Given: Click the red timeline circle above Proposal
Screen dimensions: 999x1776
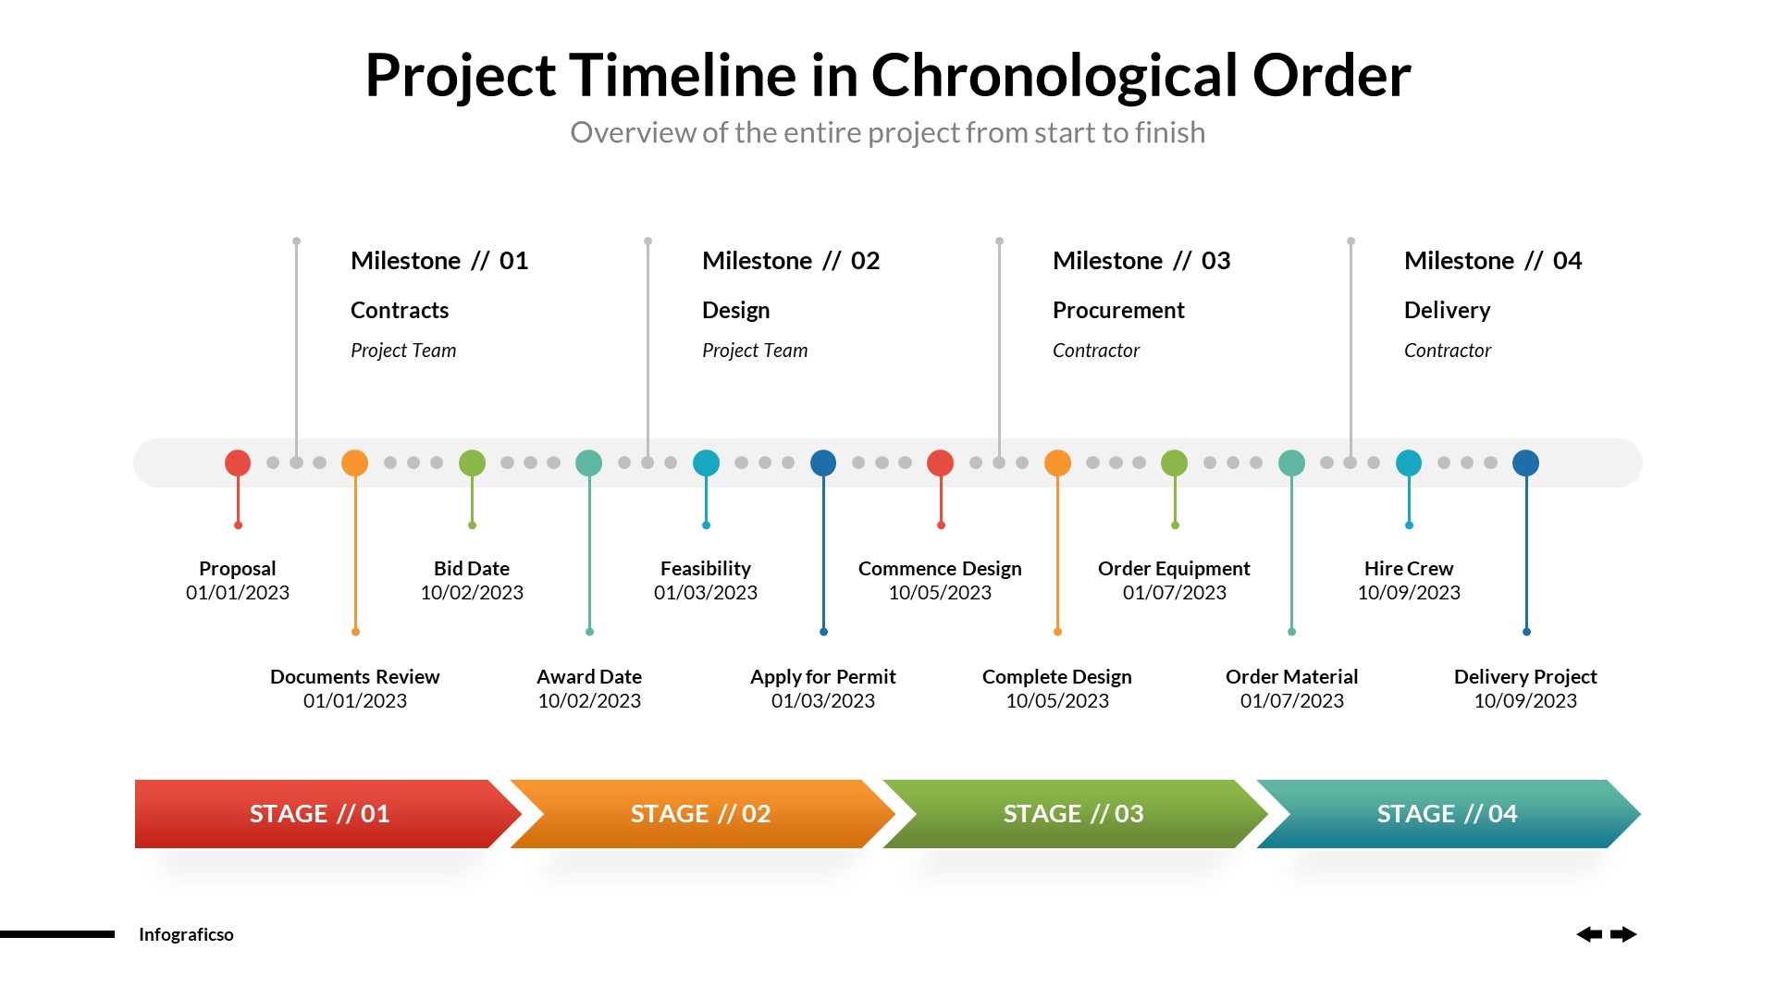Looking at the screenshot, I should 238,462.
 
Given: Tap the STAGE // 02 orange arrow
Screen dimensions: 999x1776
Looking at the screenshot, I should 700,814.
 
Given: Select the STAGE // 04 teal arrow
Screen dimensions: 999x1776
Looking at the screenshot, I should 1447,814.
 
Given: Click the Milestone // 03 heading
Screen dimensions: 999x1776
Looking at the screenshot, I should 1141,261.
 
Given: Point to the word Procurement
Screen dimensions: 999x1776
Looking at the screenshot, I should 1118,311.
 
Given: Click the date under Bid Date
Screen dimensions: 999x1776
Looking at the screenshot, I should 472,593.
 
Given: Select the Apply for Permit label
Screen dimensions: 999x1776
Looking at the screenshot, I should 822,677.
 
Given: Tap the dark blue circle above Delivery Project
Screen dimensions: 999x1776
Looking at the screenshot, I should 1525,462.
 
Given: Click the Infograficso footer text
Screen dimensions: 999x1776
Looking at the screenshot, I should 186,934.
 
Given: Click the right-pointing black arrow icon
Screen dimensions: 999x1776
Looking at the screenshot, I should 1623,934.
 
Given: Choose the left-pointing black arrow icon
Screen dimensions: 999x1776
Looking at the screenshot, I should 1589,934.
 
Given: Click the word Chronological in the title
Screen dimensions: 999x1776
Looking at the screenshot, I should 1054,76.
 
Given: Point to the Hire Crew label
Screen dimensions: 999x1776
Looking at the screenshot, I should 1408,569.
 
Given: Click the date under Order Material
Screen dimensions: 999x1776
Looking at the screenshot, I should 1291,701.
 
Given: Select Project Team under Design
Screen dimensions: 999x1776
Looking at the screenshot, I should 755,351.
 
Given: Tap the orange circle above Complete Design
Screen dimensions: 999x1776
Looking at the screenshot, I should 1057,462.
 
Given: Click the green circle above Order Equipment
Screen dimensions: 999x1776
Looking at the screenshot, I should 1174,462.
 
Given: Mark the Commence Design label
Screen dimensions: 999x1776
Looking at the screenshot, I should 940,569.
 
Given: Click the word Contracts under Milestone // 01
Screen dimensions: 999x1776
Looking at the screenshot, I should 400,311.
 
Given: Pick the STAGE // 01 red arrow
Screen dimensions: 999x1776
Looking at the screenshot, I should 319,814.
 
